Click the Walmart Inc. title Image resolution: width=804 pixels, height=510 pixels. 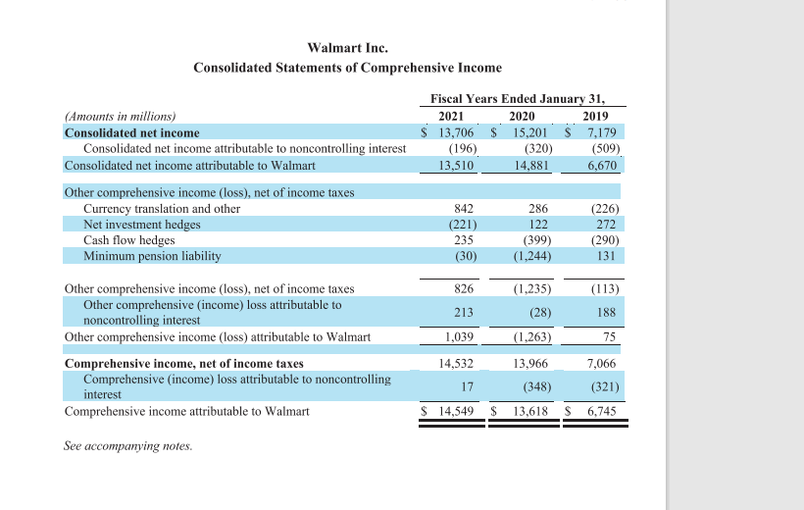coord(347,47)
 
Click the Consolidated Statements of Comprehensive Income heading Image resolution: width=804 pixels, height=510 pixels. coord(347,68)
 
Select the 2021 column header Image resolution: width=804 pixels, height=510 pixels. coord(451,116)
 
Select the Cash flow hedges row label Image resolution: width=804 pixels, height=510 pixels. coord(129,240)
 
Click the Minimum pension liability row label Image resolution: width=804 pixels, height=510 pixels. coord(152,256)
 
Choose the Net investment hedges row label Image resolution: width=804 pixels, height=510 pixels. coord(142,225)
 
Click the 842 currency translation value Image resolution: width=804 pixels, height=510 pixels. coord(465,209)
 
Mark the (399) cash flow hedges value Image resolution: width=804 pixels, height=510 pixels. coord(537,240)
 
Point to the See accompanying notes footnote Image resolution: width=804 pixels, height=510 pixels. coord(128,446)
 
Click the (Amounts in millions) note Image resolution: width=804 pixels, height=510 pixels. coord(120,116)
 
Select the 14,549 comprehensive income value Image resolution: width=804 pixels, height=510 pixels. coord(456,411)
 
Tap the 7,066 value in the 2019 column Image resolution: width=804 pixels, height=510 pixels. coord(601,364)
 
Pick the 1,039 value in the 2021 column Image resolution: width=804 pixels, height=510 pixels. coord(459,337)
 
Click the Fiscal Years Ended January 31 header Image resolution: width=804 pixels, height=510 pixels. coord(518,98)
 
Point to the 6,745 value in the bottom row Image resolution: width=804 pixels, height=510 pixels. coord(601,411)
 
